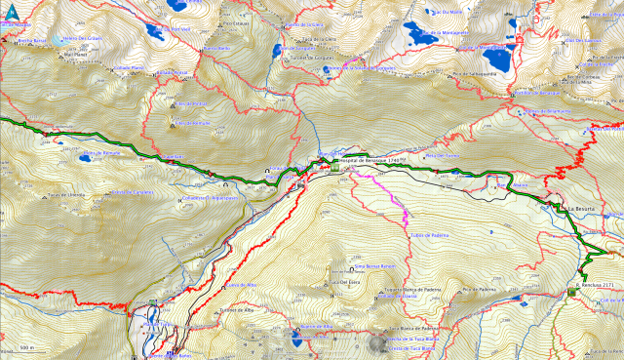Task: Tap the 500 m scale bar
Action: tap(26, 346)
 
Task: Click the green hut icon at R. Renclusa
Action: tap(571, 290)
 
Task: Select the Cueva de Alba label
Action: tap(240, 285)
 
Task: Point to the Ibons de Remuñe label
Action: tap(100, 154)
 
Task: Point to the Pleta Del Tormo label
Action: tap(443, 155)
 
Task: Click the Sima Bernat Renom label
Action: tap(371, 264)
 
